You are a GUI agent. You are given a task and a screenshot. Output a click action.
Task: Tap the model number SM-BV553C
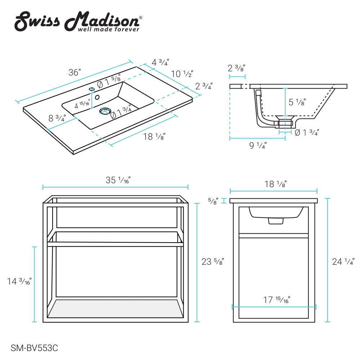tap(35, 348)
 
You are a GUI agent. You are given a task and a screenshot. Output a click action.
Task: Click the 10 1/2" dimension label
tap(182, 74)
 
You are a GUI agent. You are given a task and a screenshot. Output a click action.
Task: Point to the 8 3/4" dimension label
tap(57, 118)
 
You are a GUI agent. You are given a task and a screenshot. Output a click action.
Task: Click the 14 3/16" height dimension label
tap(19, 282)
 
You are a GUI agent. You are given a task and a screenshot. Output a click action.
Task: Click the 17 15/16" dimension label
tap(277, 300)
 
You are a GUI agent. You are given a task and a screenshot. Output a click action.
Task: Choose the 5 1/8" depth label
tap(297, 102)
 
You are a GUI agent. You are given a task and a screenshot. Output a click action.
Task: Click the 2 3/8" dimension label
tap(237, 68)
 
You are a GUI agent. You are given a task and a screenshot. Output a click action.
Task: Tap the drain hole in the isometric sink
tap(105, 111)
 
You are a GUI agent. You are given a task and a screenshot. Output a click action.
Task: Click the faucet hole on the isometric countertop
tap(92, 89)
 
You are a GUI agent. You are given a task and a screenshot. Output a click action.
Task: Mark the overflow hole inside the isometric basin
tap(97, 96)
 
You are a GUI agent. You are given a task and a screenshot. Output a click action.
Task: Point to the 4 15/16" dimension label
tap(82, 106)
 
